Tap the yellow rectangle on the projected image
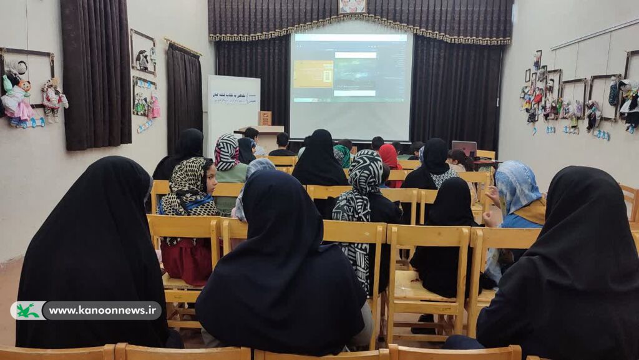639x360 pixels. click(x=313, y=74)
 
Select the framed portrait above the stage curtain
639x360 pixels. click(x=353, y=6)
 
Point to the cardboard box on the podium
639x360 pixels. click(x=265, y=118)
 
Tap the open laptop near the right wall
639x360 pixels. click(x=464, y=148)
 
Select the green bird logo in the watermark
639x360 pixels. click(x=28, y=310)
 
